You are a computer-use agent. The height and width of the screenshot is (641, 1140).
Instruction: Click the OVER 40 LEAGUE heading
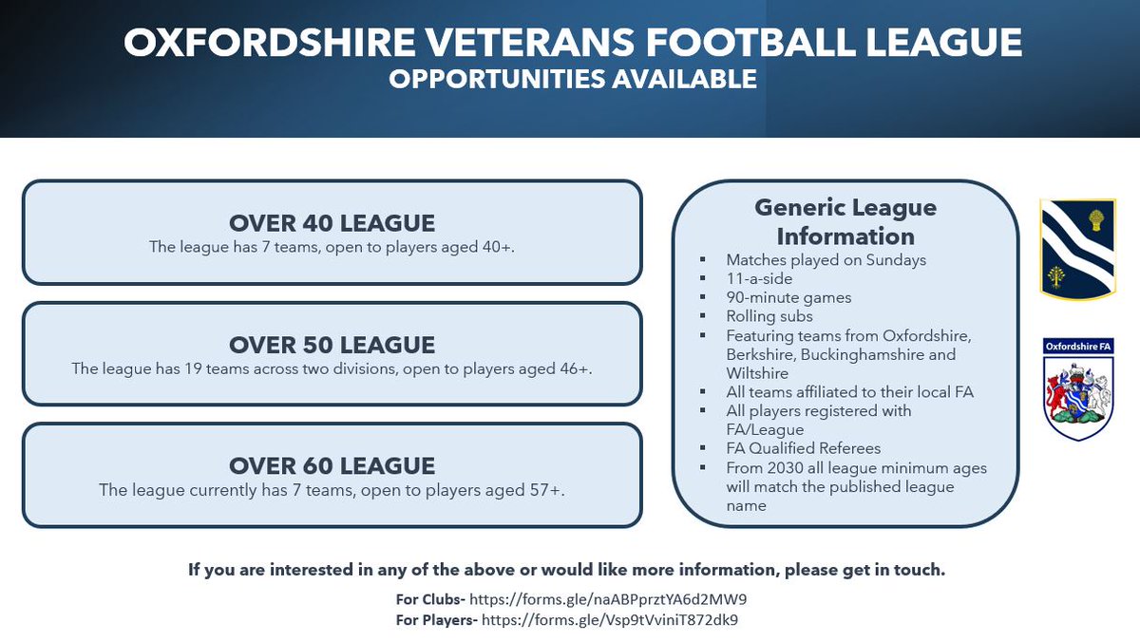coord(332,223)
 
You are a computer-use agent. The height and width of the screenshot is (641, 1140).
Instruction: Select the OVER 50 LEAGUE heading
coord(332,344)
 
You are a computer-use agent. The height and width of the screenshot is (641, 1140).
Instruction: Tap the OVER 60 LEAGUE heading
coord(332,465)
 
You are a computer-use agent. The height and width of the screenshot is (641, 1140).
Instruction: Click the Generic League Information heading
coord(845,221)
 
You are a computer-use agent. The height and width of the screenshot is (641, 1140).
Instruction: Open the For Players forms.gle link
coord(610,620)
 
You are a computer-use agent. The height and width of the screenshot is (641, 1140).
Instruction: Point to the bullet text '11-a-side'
coord(760,278)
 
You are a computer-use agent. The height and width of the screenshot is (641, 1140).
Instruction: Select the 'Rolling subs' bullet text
coord(769,316)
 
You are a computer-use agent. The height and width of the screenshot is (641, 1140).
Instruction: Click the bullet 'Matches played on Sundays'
coord(826,259)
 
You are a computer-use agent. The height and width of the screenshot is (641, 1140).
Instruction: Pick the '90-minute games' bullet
coord(788,297)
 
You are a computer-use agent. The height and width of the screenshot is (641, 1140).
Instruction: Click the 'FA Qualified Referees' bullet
coord(803,448)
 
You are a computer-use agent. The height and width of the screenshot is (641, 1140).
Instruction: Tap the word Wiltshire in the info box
coord(757,373)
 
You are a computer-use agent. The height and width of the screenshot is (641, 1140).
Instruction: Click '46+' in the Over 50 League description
coord(575,368)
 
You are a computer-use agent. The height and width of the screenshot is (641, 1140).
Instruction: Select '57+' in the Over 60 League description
coord(546,490)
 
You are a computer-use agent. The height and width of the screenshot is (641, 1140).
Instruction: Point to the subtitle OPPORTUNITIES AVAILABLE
coord(572,79)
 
